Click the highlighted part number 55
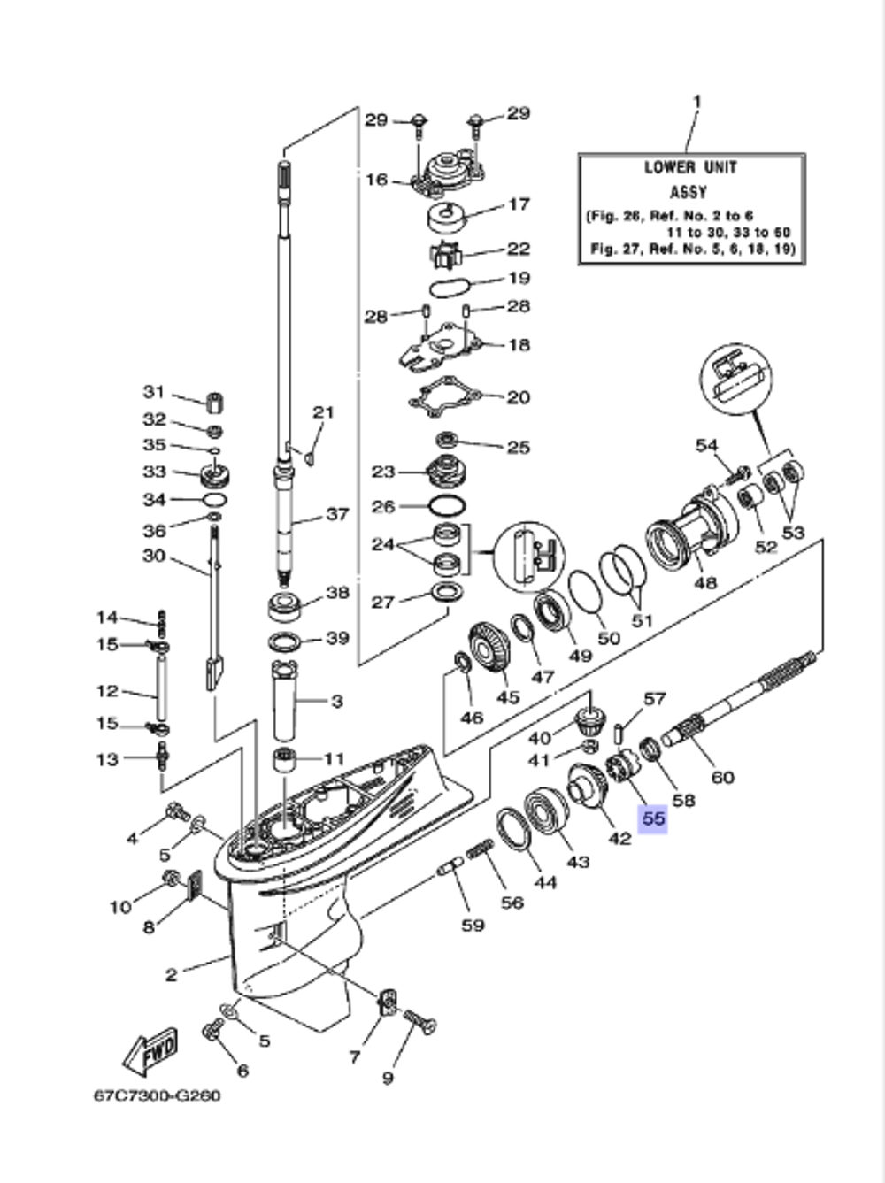coord(653,818)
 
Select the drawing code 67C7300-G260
coord(158,1096)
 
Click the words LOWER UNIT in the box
coord(690,168)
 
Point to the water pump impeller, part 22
coord(446,254)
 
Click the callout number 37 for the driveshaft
coord(337,514)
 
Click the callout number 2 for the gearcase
coord(172,974)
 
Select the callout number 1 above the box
coord(696,102)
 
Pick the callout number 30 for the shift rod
coord(154,556)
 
